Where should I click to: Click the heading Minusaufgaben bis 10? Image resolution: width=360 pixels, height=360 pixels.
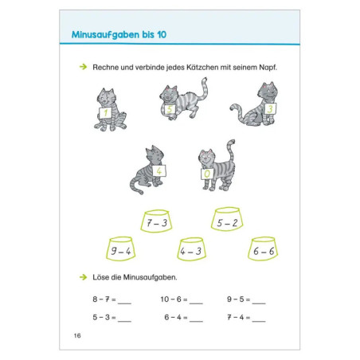coord(119,35)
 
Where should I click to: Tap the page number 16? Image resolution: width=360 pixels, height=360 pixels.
coord(77,335)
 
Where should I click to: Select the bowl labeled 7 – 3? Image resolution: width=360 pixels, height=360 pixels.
coord(156,221)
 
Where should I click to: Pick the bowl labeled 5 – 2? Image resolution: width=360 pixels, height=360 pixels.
coord(227,219)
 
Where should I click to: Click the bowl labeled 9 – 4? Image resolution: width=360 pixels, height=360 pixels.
coord(121,248)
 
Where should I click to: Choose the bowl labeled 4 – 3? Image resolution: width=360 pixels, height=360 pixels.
coord(191,248)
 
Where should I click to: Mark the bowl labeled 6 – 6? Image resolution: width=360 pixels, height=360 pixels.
coord(263,248)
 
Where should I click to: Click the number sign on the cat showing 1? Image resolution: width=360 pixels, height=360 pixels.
coord(105,112)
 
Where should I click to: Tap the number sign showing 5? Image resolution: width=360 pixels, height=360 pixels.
coord(170,109)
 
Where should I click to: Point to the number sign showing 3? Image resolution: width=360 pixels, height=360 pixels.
coord(270,109)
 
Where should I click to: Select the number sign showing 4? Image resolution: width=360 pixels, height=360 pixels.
coord(159,170)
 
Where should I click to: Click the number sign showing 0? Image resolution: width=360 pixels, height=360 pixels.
coord(207,174)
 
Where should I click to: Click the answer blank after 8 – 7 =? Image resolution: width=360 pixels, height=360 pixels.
coord(124,303)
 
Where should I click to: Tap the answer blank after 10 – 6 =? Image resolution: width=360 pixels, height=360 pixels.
coord(196,303)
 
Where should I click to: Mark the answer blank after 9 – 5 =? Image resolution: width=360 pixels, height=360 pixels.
coord(259,303)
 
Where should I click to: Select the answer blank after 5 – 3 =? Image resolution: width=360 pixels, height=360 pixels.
coord(124,321)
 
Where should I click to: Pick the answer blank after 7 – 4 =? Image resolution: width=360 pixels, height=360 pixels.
coord(259,321)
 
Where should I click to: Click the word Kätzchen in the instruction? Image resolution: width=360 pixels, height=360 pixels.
coord(202,68)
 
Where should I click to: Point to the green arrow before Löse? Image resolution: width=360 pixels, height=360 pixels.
coord(84,277)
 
